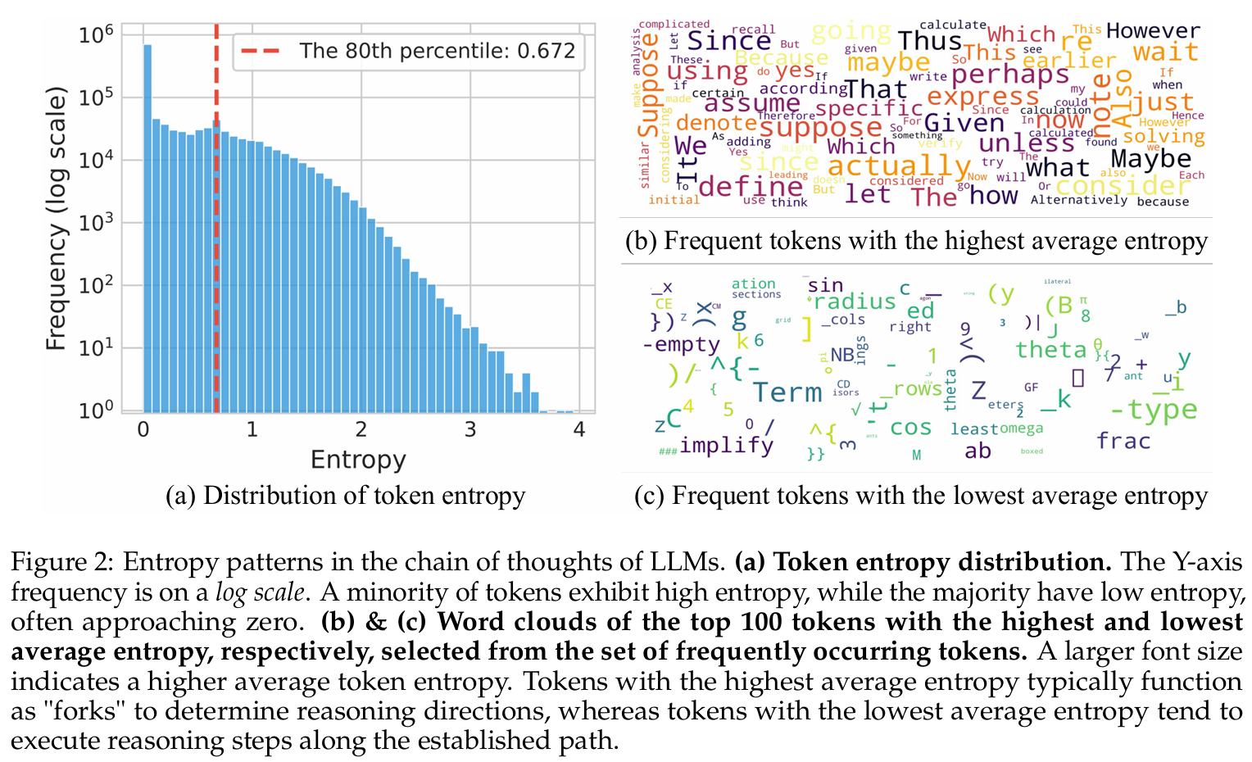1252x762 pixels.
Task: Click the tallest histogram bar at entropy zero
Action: coord(147,229)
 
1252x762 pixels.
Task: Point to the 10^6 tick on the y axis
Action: coord(96,35)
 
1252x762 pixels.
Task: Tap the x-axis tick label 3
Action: coord(469,429)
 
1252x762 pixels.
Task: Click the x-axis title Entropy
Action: coord(358,460)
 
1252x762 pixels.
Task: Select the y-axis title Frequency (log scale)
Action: coord(56,221)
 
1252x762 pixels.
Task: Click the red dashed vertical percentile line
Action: coord(216,246)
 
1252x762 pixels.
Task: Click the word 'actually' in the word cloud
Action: coord(899,166)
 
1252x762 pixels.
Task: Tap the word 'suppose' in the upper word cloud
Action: coord(820,128)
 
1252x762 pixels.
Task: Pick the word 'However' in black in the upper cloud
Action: coord(1153,31)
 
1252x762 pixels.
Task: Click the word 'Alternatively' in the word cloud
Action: coord(1078,200)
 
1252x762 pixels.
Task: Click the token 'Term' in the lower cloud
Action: coord(787,392)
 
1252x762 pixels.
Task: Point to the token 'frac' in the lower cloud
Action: coord(1123,441)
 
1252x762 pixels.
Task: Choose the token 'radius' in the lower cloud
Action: coord(855,302)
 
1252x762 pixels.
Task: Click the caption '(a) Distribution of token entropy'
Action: coord(345,496)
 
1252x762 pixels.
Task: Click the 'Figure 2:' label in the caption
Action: coord(62,562)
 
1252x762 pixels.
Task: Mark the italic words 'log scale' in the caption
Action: coord(260,592)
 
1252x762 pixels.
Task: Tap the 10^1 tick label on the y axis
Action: coord(96,348)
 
